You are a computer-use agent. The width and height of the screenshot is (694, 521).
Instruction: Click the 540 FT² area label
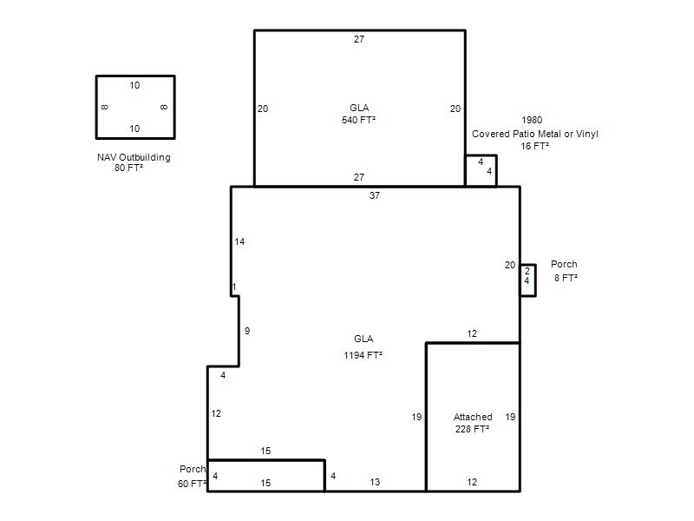tap(358, 120)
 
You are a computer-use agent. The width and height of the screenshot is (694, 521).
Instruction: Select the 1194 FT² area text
tap(363, 355)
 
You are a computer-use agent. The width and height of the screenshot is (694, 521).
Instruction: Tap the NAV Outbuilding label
tap(134, 157)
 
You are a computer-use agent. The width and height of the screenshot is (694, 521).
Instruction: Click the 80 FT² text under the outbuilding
tap(128, 168)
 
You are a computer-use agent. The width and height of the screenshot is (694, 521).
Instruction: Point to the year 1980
tap(532, 120)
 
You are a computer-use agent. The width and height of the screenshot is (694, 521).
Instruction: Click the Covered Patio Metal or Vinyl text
tap(534, 134)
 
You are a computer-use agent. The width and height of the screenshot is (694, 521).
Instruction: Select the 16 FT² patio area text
tap(534, 146)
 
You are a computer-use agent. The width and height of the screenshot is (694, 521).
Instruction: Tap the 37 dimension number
tap(375, 195)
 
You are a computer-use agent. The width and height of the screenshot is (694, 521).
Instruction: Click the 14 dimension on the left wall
tap(239, 241)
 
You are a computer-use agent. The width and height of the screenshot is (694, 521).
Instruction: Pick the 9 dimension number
tap(247, 331)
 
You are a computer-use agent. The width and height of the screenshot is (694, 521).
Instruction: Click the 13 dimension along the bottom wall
tap(375, 482)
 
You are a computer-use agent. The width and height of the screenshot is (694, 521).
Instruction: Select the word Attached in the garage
tap(473, 417)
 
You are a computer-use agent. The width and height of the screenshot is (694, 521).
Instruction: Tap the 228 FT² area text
tap(472, 429)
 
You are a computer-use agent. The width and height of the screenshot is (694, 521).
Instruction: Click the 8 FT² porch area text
tap(566, 278)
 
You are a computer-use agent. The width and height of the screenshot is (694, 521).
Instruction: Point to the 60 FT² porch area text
tap(192, 484)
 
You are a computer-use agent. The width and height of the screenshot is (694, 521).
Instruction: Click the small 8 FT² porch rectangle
tap(535, 280)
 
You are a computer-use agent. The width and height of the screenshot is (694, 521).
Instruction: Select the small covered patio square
tap(496, 170)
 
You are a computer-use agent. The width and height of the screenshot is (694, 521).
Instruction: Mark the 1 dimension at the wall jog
tap(234, 287)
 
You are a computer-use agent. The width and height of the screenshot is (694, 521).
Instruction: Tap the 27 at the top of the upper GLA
tap(359, 39)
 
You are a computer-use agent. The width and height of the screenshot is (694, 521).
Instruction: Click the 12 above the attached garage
tap(472, 333)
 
